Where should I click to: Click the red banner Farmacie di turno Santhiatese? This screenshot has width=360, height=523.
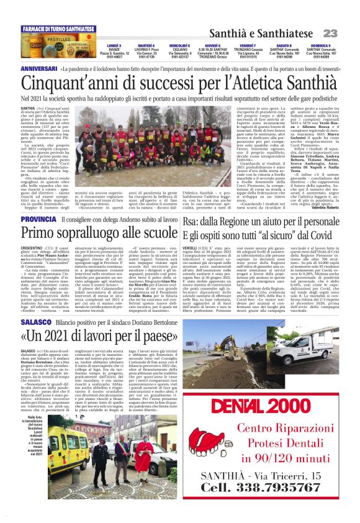[59, 29]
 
